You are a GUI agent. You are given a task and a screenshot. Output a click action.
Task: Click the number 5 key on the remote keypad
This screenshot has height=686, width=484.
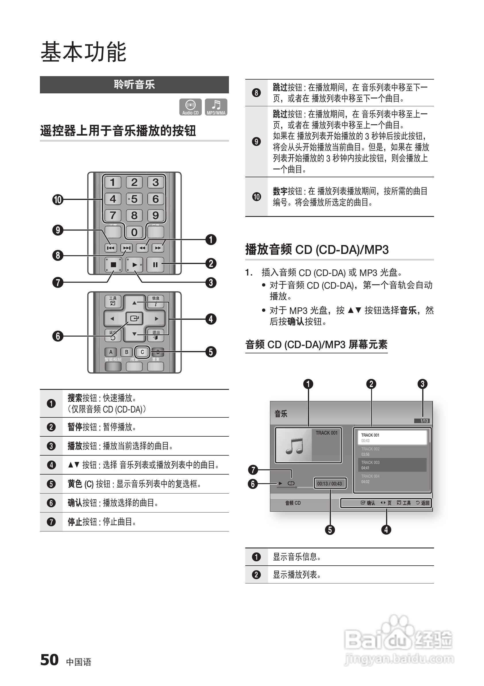point(134,199)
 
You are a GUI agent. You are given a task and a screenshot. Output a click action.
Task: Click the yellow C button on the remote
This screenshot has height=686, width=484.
point(142,352)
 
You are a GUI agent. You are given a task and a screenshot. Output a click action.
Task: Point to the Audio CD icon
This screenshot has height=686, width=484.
point(190,107)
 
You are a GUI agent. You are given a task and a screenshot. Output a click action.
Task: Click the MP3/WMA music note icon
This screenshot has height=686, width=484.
point(216,107)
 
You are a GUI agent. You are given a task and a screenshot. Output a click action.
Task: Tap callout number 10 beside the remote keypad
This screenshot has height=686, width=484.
point(58,200)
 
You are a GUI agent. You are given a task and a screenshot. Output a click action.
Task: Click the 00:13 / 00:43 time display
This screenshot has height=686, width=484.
point(329,483)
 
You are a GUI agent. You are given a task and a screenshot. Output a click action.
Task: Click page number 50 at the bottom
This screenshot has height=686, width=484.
point(49,660)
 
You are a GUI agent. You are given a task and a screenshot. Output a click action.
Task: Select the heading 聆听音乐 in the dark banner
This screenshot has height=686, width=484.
point(134,84)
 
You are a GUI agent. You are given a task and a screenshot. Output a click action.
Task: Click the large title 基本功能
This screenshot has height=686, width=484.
point(83,52)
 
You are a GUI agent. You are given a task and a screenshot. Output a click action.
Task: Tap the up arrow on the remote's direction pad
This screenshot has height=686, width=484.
point(134,303)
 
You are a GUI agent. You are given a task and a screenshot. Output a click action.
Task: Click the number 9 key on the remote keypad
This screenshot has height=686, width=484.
point(155,215)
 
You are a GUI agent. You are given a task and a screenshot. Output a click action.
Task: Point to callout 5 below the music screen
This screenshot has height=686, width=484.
point(330,530)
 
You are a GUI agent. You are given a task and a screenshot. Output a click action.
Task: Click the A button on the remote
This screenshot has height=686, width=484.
point(111,352)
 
